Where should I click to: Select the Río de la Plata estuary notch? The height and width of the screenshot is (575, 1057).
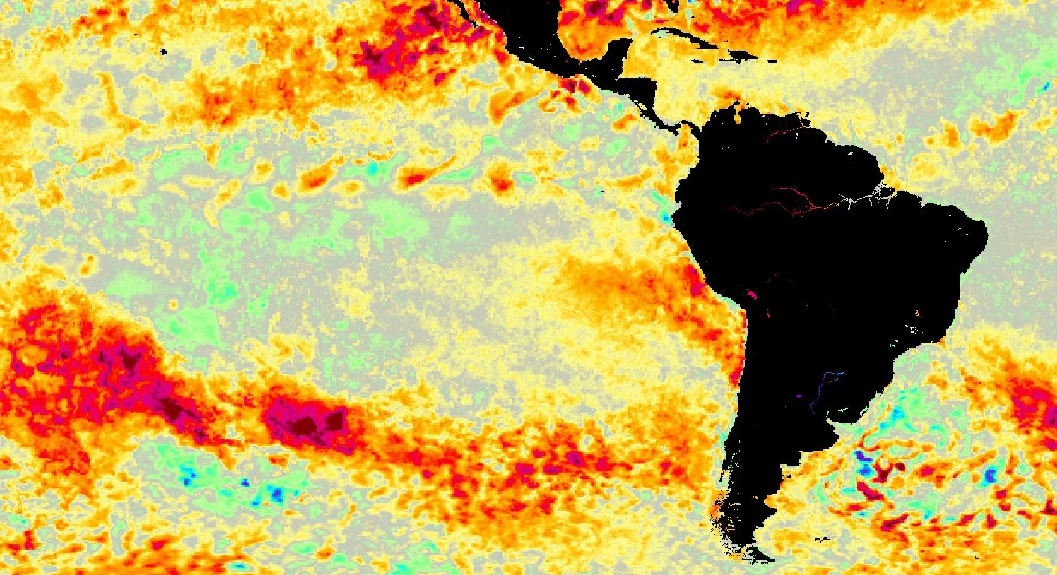pos(857,415)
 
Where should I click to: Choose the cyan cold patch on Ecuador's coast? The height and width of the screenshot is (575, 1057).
pos(665,215)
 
